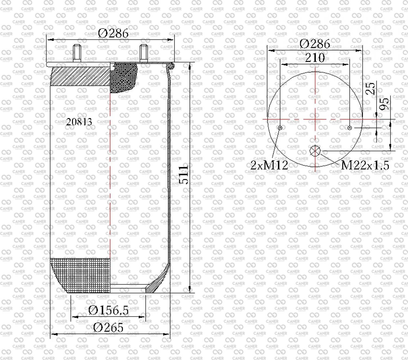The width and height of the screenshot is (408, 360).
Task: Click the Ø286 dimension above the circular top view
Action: point(315,44)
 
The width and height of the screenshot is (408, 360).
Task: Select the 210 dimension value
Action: point(315,58)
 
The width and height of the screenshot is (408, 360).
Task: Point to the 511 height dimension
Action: point(184,175)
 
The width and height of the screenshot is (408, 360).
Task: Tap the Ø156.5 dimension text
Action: point(108,310)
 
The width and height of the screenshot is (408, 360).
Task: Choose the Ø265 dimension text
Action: point(108,328)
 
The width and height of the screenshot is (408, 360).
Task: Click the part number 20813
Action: point(79,122)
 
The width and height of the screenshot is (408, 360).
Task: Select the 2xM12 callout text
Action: point(269,165)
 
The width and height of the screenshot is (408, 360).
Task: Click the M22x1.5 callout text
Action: point(365,165)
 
